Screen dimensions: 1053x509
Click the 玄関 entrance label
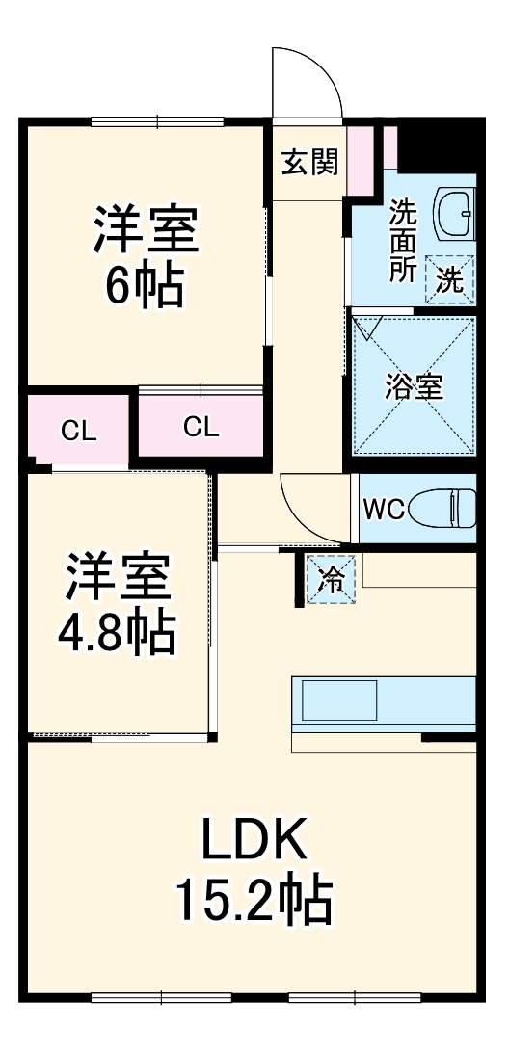point(308,163)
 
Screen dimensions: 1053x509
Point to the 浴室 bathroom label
point(414,387)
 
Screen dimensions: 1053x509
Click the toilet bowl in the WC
point(444,508)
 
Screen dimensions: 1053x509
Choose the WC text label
point(383,510)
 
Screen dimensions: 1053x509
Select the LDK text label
point(254,840)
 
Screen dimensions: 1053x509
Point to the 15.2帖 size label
point(254,901)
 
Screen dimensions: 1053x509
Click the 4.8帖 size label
point(118,633)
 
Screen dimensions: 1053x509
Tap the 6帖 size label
point(145,285)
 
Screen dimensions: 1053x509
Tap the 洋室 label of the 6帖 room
point(146,229)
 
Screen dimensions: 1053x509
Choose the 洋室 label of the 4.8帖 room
point(118,577)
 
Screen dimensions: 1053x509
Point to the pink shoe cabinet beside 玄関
point(361,159)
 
